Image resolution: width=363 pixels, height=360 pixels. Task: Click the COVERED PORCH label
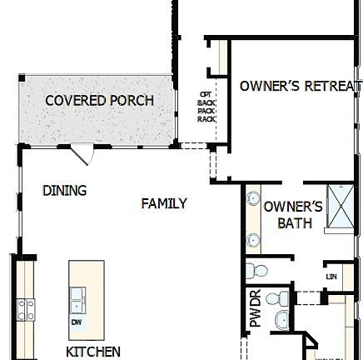tap(99, 101)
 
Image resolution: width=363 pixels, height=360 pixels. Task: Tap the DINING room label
tap(64, 190)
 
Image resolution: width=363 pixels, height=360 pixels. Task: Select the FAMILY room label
tap(163, 203)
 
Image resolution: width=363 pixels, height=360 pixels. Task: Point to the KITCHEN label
tap(92, 351)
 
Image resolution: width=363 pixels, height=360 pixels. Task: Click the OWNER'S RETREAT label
tap(300, 86)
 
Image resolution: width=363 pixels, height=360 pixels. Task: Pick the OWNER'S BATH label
tap(294, 214)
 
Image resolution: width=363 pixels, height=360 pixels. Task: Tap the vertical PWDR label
tap(256, 307)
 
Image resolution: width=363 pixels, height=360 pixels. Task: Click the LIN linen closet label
tap(331, 276)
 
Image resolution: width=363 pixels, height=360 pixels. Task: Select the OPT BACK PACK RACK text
tap(205, 107)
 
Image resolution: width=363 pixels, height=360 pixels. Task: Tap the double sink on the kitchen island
tap(77, 295)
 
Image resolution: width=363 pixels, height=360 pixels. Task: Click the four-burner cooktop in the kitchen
tap(26, 310)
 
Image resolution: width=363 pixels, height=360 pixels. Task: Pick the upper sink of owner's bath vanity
tap(253, 201)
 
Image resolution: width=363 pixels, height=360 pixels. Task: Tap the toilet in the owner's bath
tap(256, 271)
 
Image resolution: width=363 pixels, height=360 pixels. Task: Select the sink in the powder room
tap(280, 320)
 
